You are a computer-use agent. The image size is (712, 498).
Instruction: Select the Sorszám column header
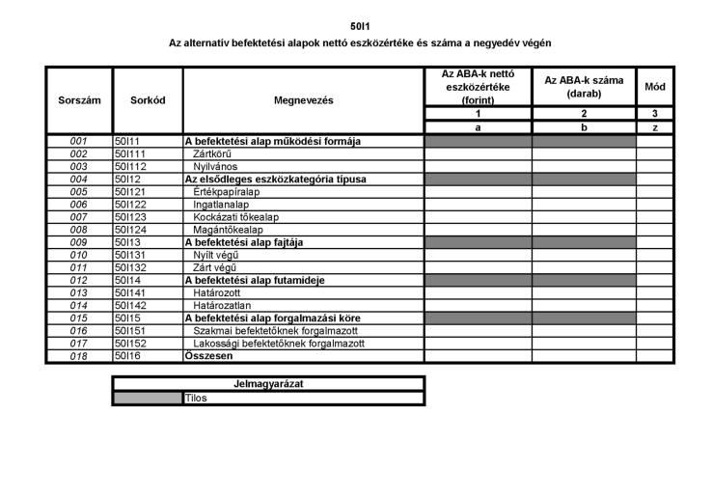(x=79, y=99)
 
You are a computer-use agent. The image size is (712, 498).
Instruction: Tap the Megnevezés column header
(x=303, y=99)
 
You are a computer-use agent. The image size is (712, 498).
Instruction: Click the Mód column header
(x=655, y=87)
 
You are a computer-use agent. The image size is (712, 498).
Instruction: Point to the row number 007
(x=79, y=217)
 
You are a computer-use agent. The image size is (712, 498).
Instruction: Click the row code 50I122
(x=131, y=205)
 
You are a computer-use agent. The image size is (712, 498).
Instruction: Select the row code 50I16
(x=128, y=356)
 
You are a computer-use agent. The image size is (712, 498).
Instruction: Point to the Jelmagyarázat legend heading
(x=268, y=384)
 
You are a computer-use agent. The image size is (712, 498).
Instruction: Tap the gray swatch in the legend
(x=147, y=398)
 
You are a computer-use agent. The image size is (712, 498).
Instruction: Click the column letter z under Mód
(x=655, y=126)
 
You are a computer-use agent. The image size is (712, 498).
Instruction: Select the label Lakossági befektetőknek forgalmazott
(x=279, y=344)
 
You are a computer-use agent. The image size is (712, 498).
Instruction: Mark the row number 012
(x=79, y=280)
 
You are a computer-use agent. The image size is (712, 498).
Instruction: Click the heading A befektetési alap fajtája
(x=244, y=242)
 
